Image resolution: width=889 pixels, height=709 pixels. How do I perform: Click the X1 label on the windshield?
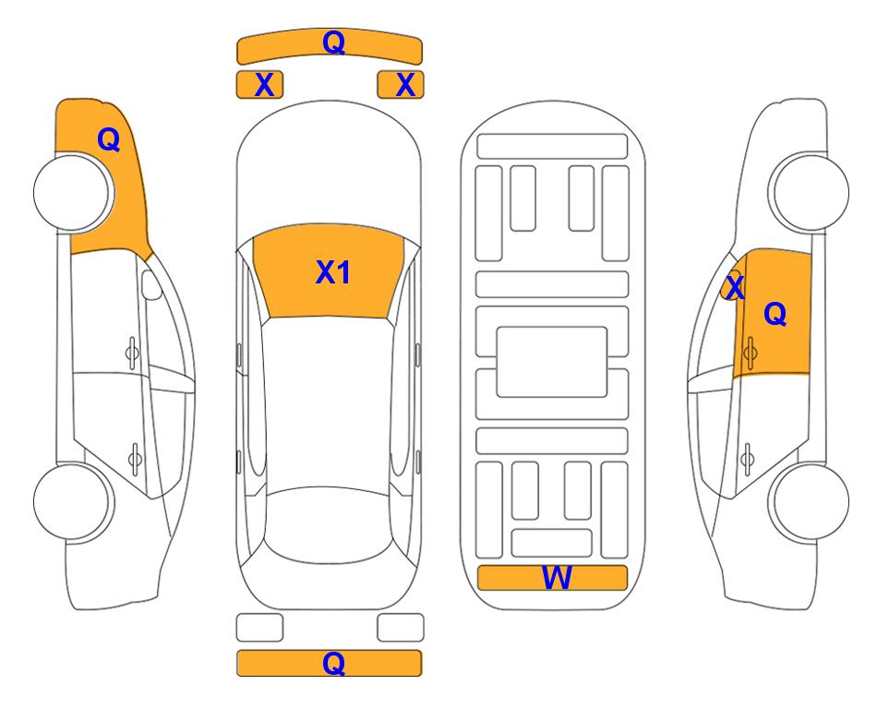point(332,272)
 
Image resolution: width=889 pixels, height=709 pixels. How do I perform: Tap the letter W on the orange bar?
point(557,578)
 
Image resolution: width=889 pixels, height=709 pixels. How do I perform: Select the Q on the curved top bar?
point(333,42)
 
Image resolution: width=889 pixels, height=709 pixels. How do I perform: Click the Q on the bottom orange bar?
point(333,663)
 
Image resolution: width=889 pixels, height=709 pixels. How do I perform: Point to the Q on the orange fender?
point(108,139)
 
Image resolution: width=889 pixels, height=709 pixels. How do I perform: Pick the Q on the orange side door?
point(775,315)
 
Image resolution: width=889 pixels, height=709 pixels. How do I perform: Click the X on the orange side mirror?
point(734,288)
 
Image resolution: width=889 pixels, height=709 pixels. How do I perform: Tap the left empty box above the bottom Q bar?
point(259,628)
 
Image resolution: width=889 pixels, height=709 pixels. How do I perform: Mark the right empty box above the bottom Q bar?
point(401,628)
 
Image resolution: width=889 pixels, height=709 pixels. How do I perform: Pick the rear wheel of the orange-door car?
point(810,502)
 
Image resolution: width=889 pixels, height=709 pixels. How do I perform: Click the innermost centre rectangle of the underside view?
point(552,361)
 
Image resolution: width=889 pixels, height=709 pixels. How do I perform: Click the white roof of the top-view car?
point(330,397)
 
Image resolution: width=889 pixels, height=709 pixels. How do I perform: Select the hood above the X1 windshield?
point(330,175)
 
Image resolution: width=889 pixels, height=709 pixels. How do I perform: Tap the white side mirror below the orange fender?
point(151,285)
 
